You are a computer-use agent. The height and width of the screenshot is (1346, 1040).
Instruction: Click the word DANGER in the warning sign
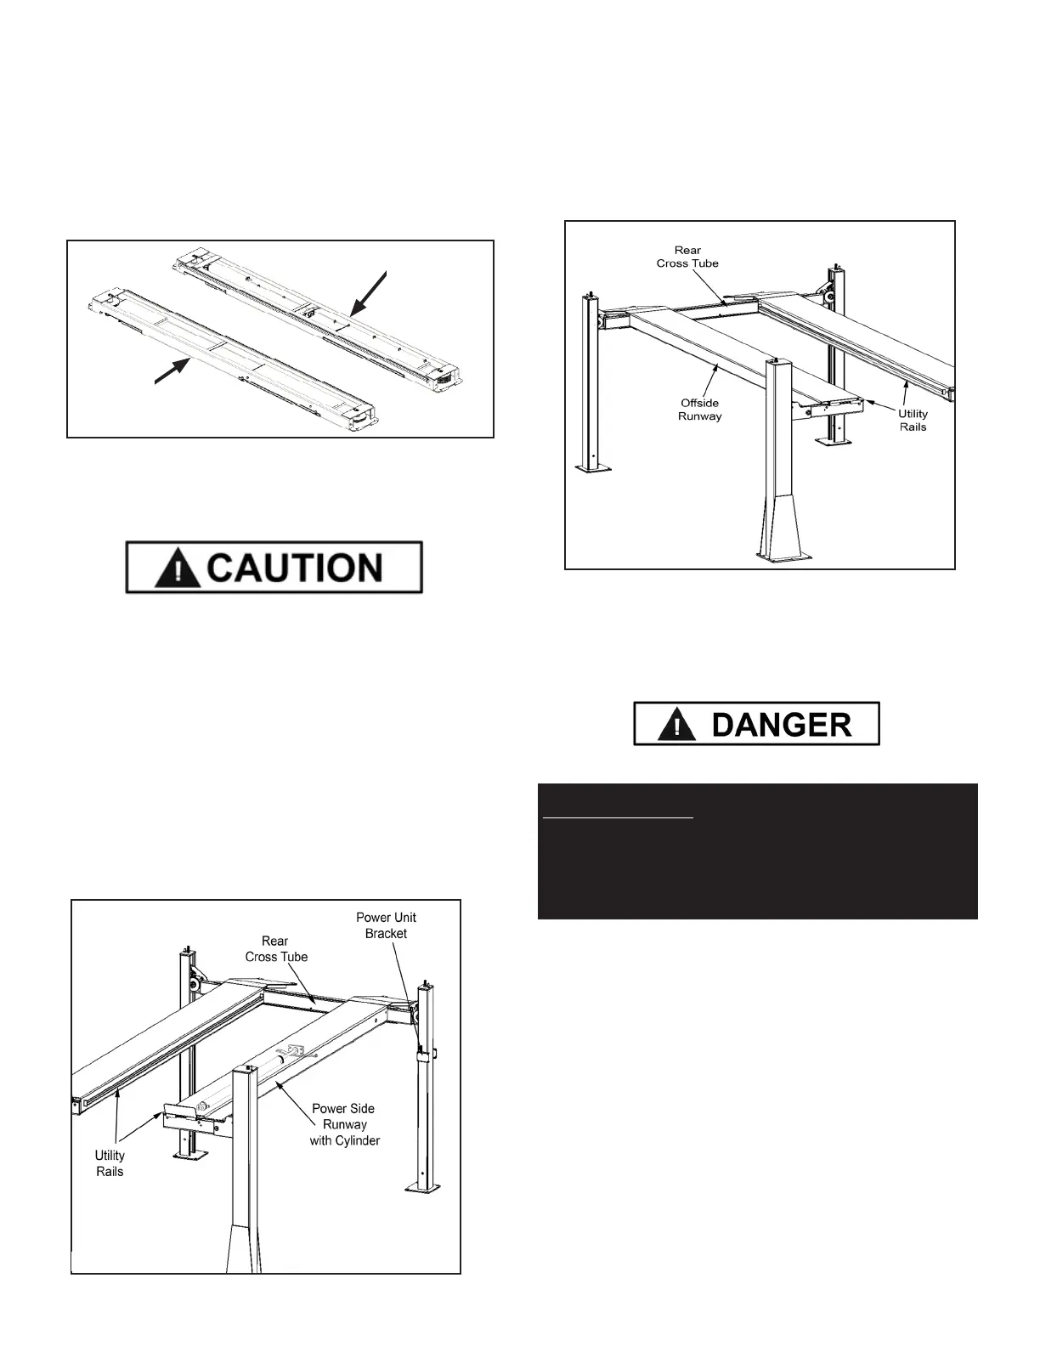click(x=780, y=725)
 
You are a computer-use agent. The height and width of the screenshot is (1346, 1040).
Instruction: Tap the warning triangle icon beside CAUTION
click(x=178, y=568)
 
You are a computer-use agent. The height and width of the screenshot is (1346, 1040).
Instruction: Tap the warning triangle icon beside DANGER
click(x=676, y=726)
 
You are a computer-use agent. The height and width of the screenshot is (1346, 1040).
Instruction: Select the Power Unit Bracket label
click(x=386, y=925)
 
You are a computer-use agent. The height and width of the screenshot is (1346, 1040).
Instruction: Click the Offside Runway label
click(x=699, y=410)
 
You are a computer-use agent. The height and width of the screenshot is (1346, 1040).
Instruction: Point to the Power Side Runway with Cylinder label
click(x=344, y=1124)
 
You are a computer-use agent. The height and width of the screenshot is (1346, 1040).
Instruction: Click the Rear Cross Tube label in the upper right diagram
click(x=687, y=257)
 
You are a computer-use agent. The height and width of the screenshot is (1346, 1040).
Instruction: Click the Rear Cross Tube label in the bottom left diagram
click(x=276, y=948)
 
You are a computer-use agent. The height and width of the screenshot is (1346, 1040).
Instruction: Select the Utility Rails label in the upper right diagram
click(x=913, y=420)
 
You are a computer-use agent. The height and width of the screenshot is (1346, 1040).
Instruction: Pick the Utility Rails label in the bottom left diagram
click(x=110, y=1163)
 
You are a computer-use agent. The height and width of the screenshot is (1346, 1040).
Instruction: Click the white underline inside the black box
click(x=618, y=818)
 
